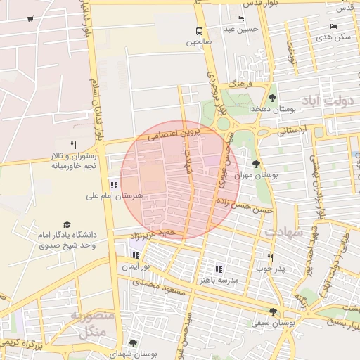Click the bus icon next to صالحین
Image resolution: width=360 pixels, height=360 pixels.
200,31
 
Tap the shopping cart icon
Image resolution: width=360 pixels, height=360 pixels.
30,19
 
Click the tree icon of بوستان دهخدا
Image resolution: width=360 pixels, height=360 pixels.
272,98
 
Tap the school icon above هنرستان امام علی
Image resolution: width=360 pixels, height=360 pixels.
114,185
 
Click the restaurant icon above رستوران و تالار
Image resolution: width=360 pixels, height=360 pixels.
73,143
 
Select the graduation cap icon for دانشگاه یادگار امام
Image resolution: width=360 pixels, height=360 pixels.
67,224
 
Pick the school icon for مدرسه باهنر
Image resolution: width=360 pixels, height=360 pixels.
219,269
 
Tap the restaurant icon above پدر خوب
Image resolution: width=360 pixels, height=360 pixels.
270,257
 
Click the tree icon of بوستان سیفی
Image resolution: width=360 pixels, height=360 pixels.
273,311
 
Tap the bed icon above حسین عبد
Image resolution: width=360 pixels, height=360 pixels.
241,18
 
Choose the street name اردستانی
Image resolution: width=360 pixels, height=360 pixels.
292,131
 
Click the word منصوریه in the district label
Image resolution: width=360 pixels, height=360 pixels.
91,316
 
